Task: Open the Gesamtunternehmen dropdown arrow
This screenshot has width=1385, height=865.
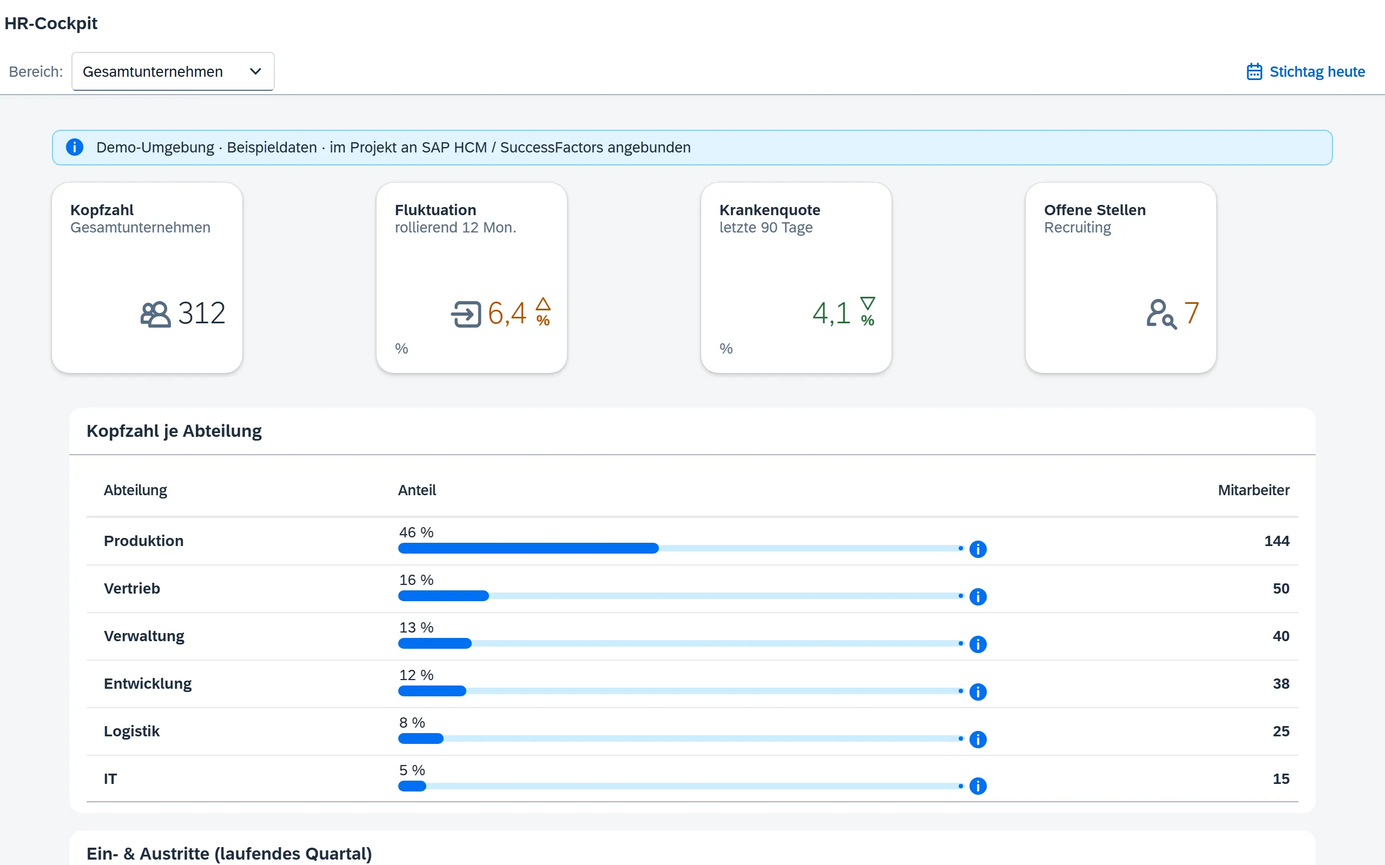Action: pos(255,71)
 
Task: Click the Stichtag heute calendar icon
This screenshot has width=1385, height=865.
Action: pos(1254,71)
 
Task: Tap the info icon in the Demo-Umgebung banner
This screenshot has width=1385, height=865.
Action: pos(75,147)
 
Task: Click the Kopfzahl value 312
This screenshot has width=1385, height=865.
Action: pos(201,313)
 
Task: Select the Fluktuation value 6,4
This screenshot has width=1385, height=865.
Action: pos(506,313)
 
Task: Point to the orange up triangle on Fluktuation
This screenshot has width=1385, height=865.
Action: pos(543,304)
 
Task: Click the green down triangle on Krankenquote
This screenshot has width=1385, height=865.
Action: pos(868,303)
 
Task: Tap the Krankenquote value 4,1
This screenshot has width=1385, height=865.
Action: pos(831,313)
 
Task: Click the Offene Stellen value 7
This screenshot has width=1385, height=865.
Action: pos(1191,313)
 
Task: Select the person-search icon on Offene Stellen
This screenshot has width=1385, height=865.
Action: pos(1161,314)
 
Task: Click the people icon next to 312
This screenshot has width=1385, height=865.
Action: pos(155,314)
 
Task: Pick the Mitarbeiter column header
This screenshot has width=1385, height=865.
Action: pos(1254,490)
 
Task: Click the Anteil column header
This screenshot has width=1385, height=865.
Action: pos(417,490)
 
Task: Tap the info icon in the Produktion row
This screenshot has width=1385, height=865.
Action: pos(978,549)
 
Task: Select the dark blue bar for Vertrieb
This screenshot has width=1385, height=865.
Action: pos(444,596)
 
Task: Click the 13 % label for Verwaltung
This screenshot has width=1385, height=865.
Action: pos(416,628)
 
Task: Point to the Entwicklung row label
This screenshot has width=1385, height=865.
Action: pos(148,684)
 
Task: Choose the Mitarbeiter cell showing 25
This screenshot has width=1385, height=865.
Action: pos(1281,731)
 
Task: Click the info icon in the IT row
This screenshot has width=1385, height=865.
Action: pos(978,786)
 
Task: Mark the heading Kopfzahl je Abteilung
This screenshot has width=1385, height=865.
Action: pos(174,431)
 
